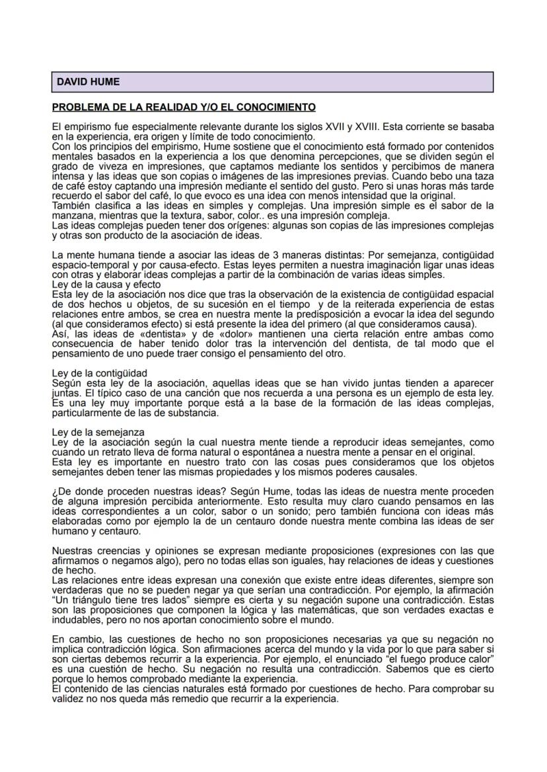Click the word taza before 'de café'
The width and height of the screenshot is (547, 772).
[x=483, y=177]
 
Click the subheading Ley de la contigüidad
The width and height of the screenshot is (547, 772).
[x=99, y=373]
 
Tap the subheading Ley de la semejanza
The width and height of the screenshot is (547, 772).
[x=98, y=432]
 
